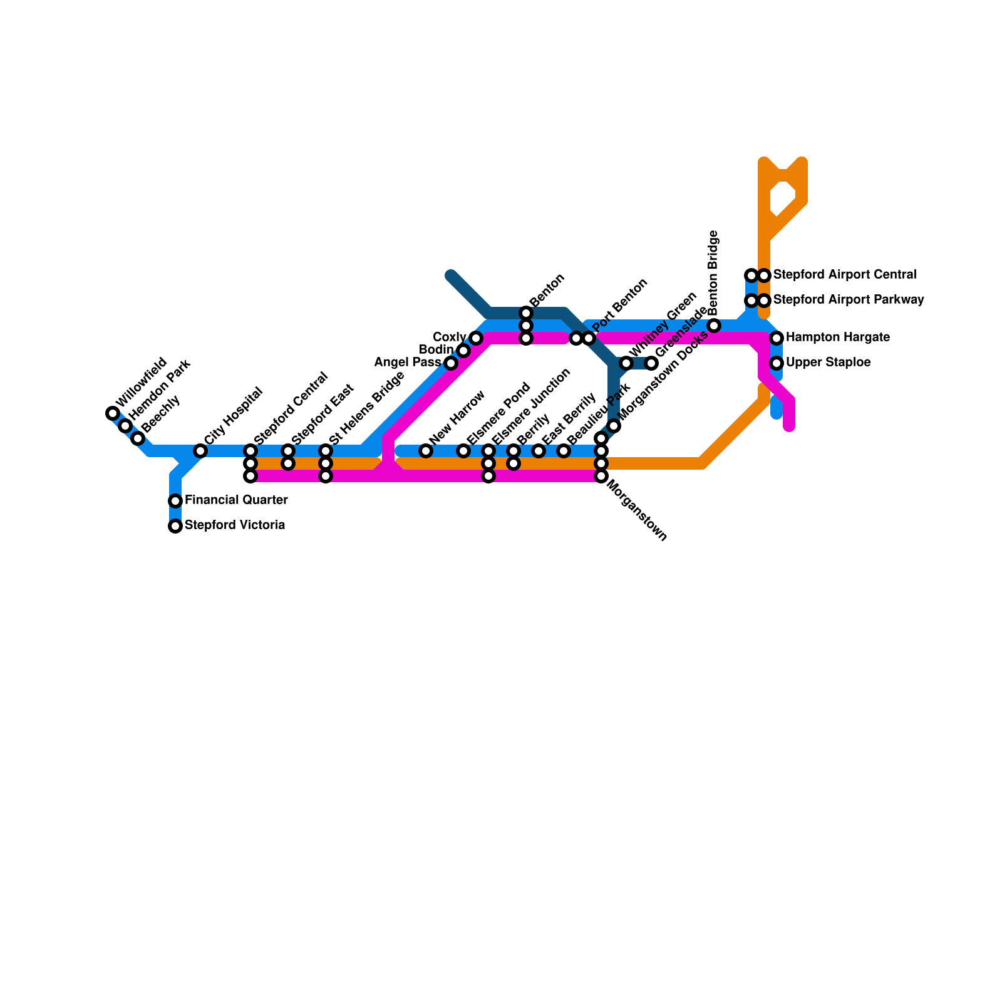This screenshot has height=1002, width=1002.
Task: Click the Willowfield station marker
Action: (x=113, y=413)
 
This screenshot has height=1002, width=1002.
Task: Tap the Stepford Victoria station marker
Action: (x=175, y=526)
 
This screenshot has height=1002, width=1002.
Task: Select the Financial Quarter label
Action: (x=236, y=500)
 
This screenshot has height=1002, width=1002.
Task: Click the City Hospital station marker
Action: (x=200, y=451)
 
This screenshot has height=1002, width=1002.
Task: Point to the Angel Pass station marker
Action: (x=451, y=363)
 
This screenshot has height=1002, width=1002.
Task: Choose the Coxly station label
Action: (x=450, y=338)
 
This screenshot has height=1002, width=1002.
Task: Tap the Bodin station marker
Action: (x=463, y=351)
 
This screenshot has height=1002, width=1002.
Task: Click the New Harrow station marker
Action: (x=426, y=451)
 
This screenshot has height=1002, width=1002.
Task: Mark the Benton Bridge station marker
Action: (x=714, y=326)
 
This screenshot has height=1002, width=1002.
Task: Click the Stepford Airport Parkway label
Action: (x=848, y=300)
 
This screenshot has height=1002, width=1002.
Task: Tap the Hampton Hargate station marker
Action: (x=777, y=338)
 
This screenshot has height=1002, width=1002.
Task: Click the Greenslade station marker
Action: (x=651, y=363)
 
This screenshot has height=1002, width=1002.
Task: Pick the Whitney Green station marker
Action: (x=626, y=363)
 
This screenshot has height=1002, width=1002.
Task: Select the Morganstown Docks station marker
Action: (x=614, y=426)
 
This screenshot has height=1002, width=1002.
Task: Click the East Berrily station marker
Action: (x=539, y=451)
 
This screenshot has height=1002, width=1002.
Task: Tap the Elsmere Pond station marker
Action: (x=463, y=451)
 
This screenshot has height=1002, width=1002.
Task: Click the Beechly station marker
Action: (x=138, y=438)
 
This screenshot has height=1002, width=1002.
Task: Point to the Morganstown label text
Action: (x=637, y=510)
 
